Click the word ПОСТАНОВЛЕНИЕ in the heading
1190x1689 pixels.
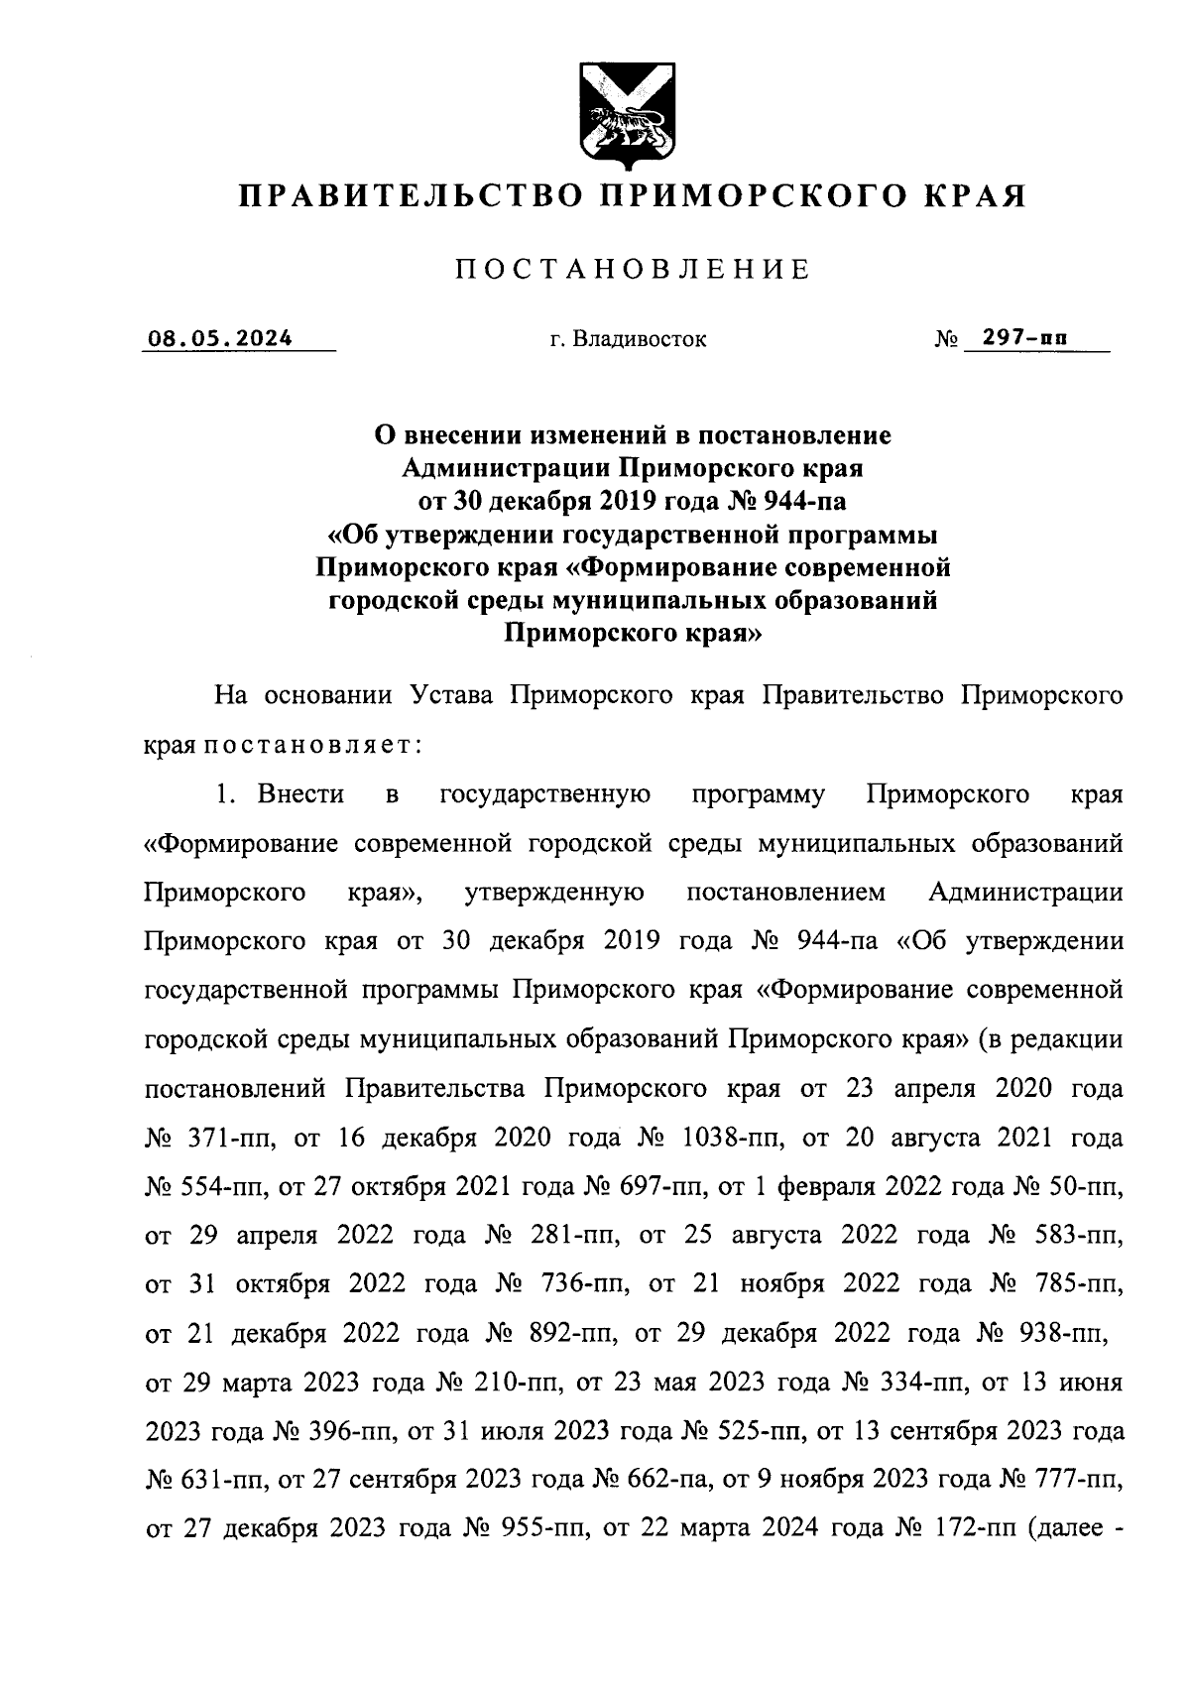click(633, 270)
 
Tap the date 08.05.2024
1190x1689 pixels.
click(220, 338)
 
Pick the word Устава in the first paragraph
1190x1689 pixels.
click(451, 695)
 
